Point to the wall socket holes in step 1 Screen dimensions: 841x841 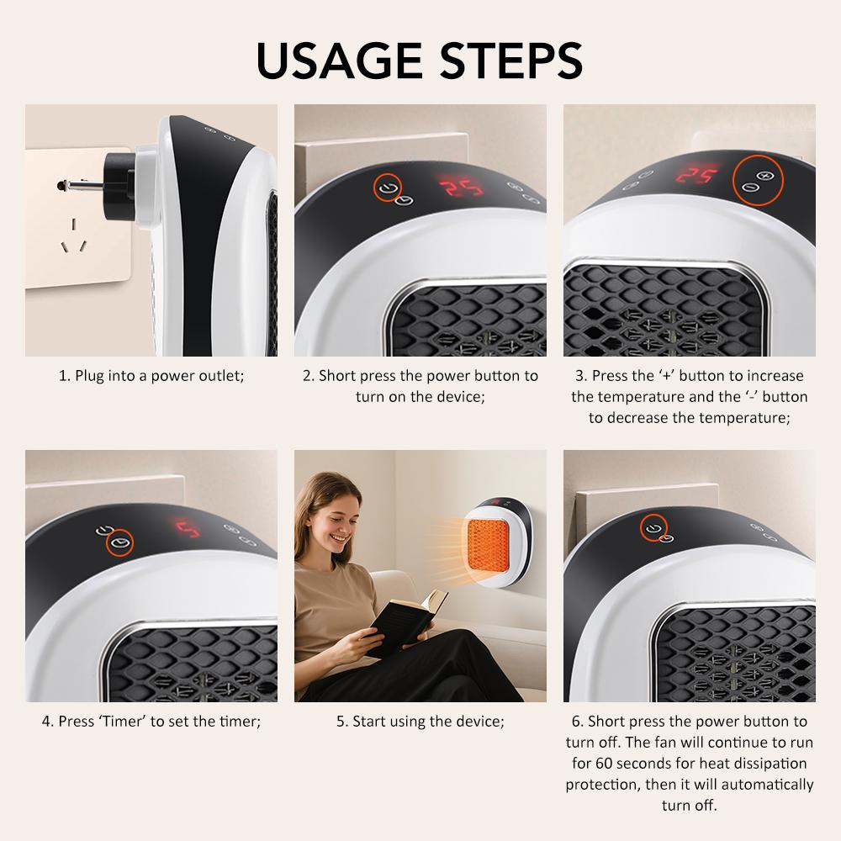point(73,236)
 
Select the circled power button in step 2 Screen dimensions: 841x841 point(388,186)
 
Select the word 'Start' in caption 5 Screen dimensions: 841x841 point(370,722)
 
